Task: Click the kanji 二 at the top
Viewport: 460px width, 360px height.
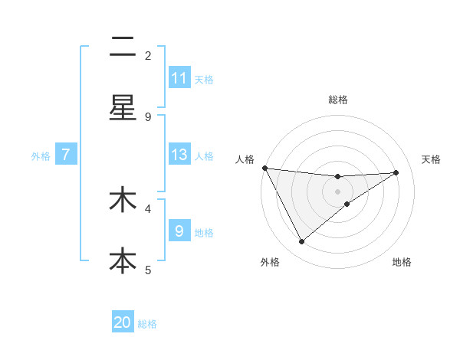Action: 123,48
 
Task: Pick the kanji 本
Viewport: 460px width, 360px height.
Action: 123,260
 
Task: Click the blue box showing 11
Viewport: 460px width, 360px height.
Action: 179,78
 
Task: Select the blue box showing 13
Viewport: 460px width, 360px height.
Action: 179,155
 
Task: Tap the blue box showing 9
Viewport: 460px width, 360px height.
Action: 179,231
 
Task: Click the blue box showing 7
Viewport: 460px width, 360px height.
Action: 66,155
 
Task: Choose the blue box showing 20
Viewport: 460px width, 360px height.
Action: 123,322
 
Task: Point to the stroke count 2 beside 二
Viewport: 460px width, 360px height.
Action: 148,55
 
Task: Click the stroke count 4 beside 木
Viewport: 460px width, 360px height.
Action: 148,208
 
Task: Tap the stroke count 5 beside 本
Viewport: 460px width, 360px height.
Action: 148,269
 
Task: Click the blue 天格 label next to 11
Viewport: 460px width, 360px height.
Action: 204,79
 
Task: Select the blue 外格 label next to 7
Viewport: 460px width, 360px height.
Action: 41,155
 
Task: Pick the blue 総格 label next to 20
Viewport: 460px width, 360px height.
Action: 147,324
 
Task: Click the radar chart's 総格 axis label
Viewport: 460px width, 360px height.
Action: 338,100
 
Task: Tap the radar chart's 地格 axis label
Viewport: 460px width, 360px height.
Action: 402,262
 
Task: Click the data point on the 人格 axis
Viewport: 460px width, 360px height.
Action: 264,168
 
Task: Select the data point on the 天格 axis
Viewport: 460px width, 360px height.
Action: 396,172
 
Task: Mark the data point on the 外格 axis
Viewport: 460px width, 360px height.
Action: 301,242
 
